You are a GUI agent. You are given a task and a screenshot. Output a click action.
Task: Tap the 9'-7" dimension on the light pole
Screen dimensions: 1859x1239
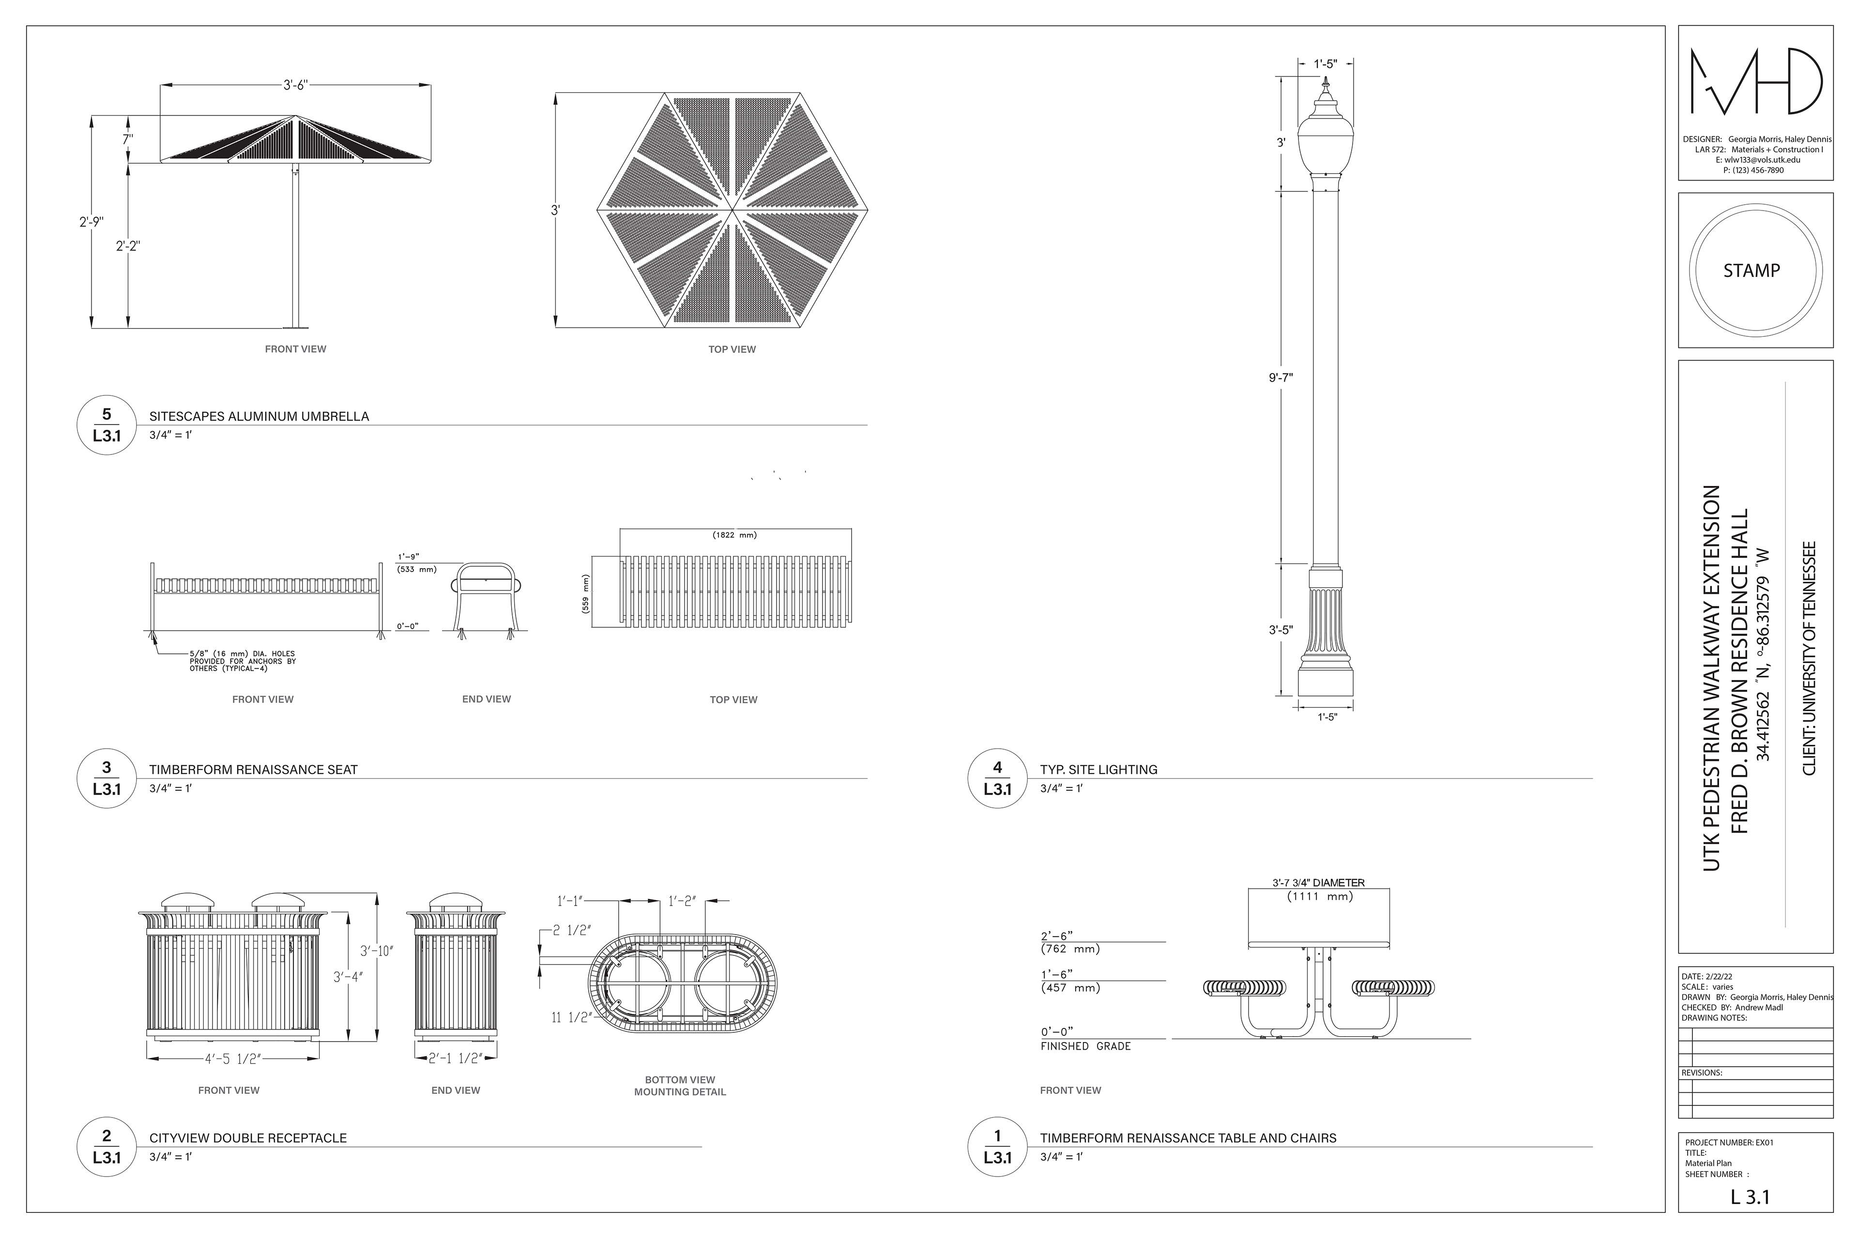(1280, 378)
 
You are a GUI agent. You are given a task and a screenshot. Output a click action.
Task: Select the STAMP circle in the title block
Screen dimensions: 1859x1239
(1755, 270)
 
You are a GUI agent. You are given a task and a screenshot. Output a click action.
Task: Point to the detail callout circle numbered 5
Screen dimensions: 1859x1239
(107, 425)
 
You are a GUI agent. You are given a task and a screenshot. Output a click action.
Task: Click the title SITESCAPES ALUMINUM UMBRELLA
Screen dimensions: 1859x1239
(259, 416)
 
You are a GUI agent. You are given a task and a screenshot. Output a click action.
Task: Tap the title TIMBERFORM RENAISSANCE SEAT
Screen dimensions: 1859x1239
(254, 770)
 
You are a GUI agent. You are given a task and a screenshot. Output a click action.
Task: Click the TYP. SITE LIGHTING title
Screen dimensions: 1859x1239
(1098, 770)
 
